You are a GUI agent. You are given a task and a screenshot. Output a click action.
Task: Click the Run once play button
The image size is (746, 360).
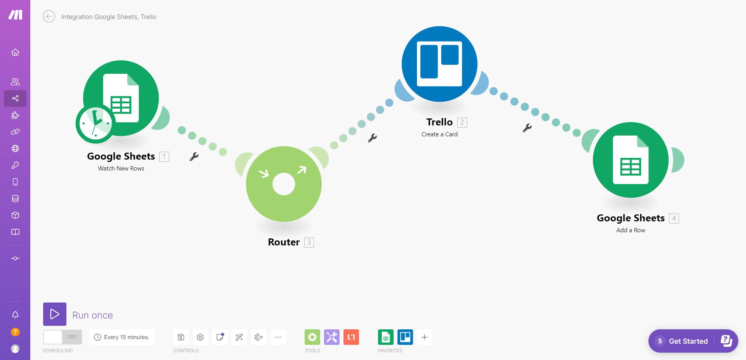point(55,314)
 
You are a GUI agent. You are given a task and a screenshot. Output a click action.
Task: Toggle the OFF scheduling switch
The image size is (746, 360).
point(63,337)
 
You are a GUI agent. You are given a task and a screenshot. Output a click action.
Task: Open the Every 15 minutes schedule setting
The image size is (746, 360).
point(122,337)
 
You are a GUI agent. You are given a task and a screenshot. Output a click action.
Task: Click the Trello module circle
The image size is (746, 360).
point(439,64)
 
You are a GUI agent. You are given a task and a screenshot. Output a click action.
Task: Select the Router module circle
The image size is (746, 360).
point(284,184)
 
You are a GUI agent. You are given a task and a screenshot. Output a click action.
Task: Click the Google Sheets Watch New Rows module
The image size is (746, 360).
point(121,98)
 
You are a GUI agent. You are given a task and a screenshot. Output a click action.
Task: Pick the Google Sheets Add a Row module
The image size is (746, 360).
point(631,160)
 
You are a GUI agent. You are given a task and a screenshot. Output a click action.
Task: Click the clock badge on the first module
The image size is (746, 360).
point(95,124)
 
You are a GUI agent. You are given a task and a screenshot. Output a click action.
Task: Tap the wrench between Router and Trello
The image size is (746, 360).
point(372,138)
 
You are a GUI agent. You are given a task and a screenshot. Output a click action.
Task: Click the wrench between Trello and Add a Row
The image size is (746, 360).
point(527,128)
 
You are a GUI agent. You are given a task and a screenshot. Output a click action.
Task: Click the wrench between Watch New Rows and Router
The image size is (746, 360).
point(194,157)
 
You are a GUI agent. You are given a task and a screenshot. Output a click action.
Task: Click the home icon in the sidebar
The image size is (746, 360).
point(15,52)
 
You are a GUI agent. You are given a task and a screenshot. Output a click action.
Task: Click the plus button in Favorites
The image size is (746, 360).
point(425,337)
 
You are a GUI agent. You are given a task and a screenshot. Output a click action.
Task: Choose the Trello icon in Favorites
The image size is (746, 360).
point(405,337)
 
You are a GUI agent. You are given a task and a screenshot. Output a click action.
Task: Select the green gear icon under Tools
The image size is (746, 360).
point(312,337)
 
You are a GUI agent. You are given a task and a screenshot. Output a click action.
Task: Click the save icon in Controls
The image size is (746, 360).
point(181,337)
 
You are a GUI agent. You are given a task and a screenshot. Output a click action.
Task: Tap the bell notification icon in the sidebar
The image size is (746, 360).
point(15,315)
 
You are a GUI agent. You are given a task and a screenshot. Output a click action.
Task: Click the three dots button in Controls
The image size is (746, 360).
point(278,337)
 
